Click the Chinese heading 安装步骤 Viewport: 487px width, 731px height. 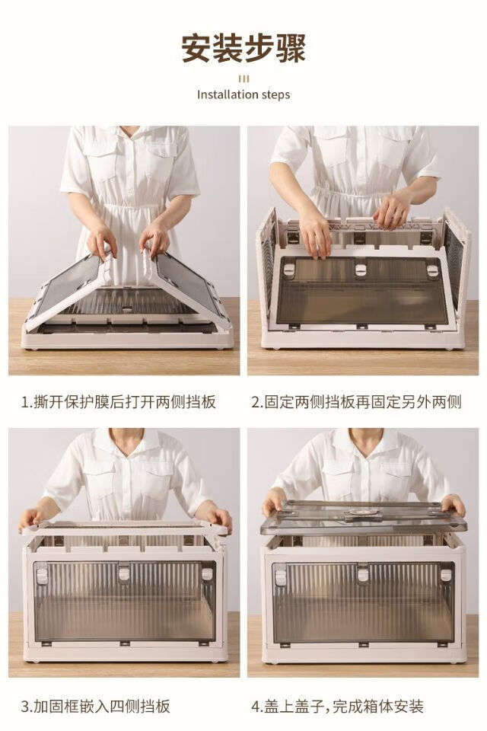point(243,48)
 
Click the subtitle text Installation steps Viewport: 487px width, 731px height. point(243,94)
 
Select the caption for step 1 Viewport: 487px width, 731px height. point(119,402)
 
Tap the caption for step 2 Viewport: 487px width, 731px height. point(356,402)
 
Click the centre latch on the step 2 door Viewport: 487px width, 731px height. point(360,270)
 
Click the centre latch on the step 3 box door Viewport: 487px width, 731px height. point(123,573)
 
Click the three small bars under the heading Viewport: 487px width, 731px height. point(243,78)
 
